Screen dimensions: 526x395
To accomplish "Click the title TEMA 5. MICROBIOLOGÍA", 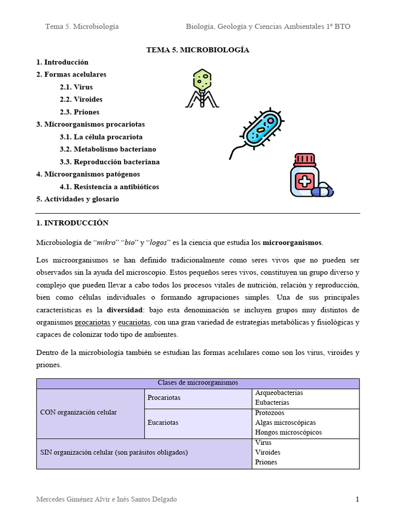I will coord(197,50).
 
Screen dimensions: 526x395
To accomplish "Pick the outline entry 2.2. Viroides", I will coord(81,99).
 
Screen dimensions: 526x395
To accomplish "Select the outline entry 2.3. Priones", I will coord(79,112).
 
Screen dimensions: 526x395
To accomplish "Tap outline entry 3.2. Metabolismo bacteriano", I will coord(107,149).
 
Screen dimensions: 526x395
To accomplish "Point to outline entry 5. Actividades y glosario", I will coord(78,199).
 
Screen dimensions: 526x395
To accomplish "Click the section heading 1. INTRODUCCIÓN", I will coord(73,223).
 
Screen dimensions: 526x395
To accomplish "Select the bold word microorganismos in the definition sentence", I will coord(292,242).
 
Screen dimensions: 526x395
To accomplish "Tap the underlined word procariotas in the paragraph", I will coord(93,322).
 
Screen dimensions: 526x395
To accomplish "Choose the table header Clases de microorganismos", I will coord(197,383).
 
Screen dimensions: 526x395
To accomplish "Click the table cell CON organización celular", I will coord(78,412).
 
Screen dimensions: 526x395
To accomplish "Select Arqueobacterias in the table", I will coord(279,393).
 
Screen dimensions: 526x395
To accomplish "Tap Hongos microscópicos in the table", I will coord(288,432).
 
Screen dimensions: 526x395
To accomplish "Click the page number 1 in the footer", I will coord(357,499).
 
